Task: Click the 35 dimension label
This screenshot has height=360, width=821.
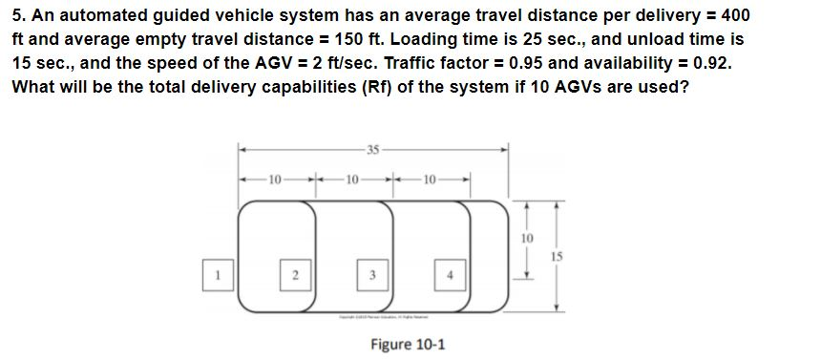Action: coord(373,148)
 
